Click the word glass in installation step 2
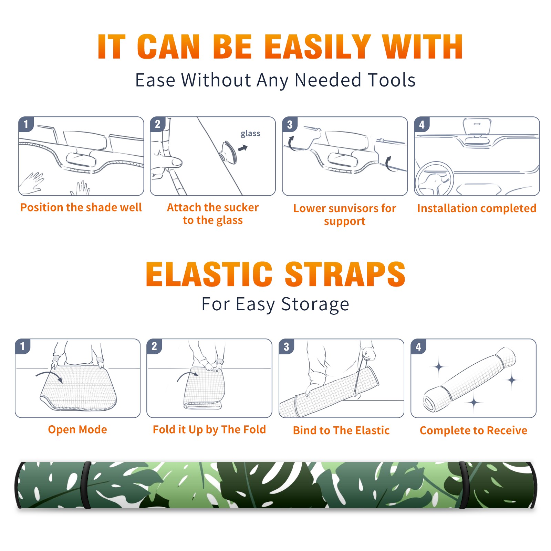tap(250, 134)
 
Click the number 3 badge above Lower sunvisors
tap(290, 125)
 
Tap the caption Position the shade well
tap(81, 207)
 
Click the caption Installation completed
tap(477, 208)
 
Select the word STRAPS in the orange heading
tap(345, 274)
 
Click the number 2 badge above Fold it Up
tap(154, 346)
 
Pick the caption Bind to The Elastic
tap(341, 430)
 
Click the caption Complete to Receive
tap(474, 430)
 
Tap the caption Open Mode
tap(77, 429)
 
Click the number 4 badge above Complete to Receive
tap(418, 346)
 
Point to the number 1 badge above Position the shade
tap(26, 124)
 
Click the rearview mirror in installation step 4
tap(477, 127)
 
